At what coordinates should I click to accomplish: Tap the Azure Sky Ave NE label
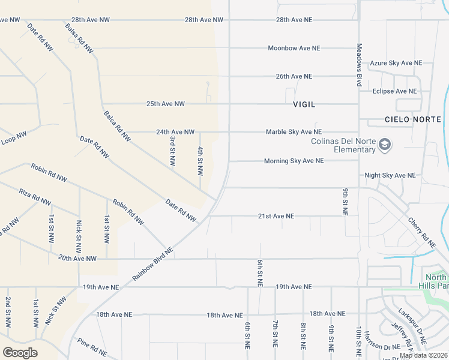[x=396, y=63]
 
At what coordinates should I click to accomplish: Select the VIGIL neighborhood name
[x=304, y=104]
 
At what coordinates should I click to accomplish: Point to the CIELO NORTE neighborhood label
[x=413, y=120]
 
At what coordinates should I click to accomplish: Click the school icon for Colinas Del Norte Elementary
[x=385, y=145]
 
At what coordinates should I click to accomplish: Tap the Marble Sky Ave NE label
[x=294, y=132]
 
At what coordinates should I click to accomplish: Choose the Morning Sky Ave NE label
[x=294, y=161]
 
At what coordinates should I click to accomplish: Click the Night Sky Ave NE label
[x=390, y=176]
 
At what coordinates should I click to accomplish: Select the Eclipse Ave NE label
[x=394, y=91]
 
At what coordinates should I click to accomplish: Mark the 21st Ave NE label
[x=276, y=216]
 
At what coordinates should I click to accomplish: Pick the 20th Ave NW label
[x=77, y=259]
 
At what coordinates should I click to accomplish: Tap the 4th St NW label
[x=200, y=162]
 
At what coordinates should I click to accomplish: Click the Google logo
[x=20, y=352]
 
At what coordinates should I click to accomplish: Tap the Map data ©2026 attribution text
[x=423, y=356]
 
